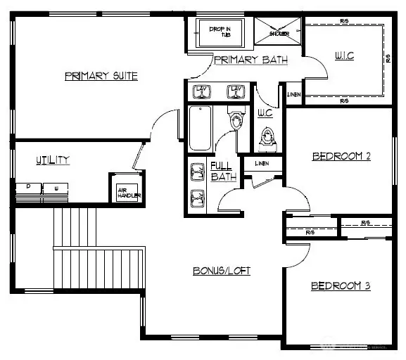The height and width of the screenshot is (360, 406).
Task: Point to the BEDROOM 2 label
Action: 341,156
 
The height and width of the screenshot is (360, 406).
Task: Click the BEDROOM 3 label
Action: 341,286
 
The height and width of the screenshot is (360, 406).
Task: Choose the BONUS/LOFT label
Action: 222,270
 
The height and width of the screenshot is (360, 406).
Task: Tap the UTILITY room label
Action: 53,160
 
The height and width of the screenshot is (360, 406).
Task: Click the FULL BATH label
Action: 223,172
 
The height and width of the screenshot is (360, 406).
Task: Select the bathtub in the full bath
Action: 201,128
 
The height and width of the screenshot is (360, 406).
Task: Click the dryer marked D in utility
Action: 29,188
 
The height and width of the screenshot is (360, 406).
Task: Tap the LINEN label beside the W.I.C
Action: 294,94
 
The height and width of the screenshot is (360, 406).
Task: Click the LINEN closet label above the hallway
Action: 262,164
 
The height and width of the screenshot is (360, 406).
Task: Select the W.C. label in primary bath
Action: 265,112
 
